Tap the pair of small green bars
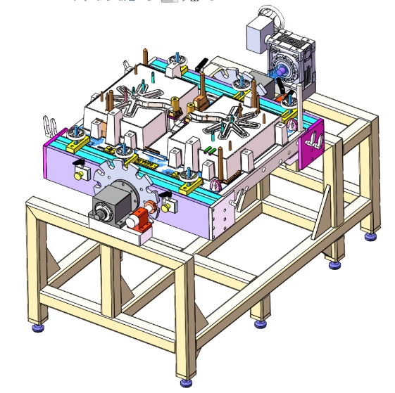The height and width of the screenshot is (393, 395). (208, 150)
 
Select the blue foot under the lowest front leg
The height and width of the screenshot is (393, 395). (186, 382)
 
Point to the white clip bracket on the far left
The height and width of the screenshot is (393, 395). (49, 126)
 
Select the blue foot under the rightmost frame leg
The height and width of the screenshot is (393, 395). (369, 236)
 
